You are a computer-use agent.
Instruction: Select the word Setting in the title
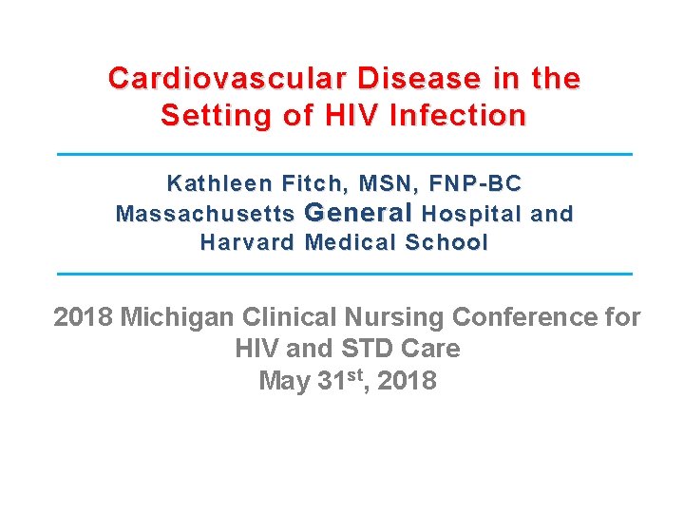coord(207,116)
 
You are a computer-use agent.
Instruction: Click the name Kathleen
coord(213,182)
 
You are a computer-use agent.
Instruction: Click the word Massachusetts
coord(204,214)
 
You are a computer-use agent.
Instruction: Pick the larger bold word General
coord(359,212)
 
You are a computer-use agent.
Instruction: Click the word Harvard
coord(248,242)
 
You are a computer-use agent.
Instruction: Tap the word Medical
coord(350,242)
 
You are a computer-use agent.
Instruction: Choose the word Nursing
coord(395,316)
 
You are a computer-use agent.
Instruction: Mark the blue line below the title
coord(344,153)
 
